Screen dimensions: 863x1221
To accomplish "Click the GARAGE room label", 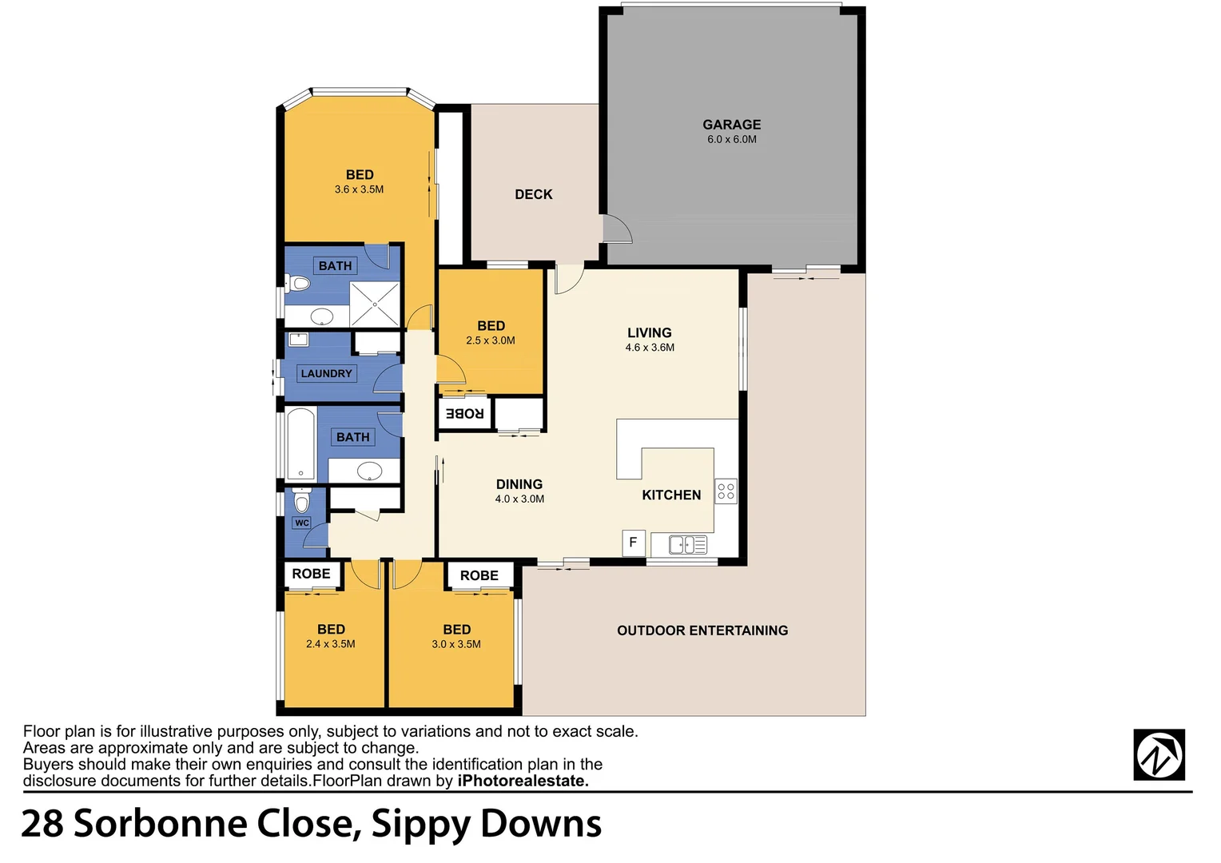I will click(731, 125).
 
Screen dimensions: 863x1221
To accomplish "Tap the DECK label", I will click(533, 194).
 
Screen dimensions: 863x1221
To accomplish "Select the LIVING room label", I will click(649, 332).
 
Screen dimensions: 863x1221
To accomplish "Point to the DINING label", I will click(519, 484).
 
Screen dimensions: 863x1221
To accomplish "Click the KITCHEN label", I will click(671, 495).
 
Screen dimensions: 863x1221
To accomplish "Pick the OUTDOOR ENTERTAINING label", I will click(702, 630).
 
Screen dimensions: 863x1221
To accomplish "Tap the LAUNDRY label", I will click(326, 373).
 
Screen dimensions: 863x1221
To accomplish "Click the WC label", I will click(302, 523).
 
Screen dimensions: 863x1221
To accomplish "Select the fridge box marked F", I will click(633, 543).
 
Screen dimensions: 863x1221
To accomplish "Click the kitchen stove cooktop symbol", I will click(726, 491).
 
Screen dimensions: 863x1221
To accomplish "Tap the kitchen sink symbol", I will click(687, 545).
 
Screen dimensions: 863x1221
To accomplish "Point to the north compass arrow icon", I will click(1159, 754).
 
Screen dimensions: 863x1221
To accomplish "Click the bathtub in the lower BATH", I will click(300, 444).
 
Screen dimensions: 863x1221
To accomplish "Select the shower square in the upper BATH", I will click(375, 304).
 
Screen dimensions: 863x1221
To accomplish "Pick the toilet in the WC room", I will click(301, 501).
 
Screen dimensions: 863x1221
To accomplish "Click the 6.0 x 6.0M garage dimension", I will click(731, 140).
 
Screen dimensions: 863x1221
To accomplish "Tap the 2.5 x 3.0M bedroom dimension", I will click(491, 341).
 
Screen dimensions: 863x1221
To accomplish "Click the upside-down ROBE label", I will click(464, 413).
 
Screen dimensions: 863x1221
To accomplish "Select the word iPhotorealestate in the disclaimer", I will click(523, 781).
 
